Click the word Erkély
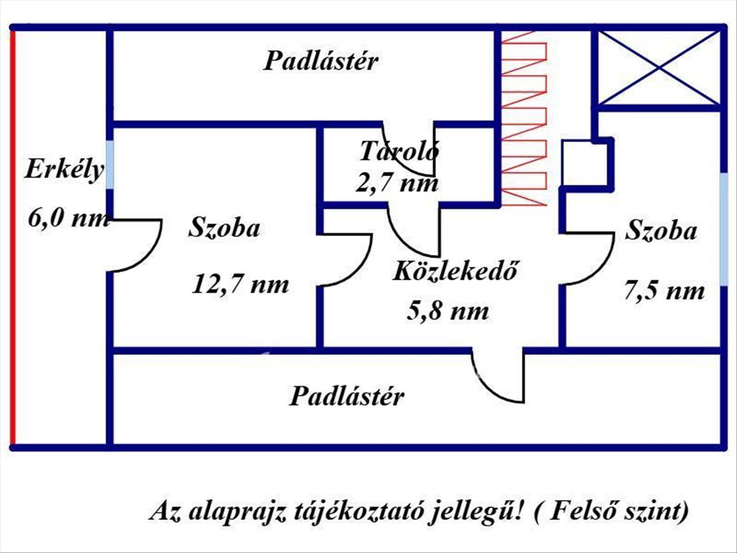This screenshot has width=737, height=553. click(x=64, y=170)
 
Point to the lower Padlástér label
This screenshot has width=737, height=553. click(x=346, y=396)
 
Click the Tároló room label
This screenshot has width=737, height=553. click(x=399, y=150)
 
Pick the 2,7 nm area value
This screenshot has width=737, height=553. click(x=397, y=182)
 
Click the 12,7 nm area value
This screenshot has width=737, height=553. click(x=241, y=284)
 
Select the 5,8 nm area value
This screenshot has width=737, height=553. click(x=448, y=312)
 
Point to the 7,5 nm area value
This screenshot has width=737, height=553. click(x=664, y=291)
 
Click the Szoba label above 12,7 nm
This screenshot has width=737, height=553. click(x=224, y=229)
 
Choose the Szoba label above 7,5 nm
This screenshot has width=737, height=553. click(x=661, y=232)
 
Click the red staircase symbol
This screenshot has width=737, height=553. click(x=524, y=117)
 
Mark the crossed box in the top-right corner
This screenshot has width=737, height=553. click(x=658, y=68)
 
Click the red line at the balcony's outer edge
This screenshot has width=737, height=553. click(x=12, y=237)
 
